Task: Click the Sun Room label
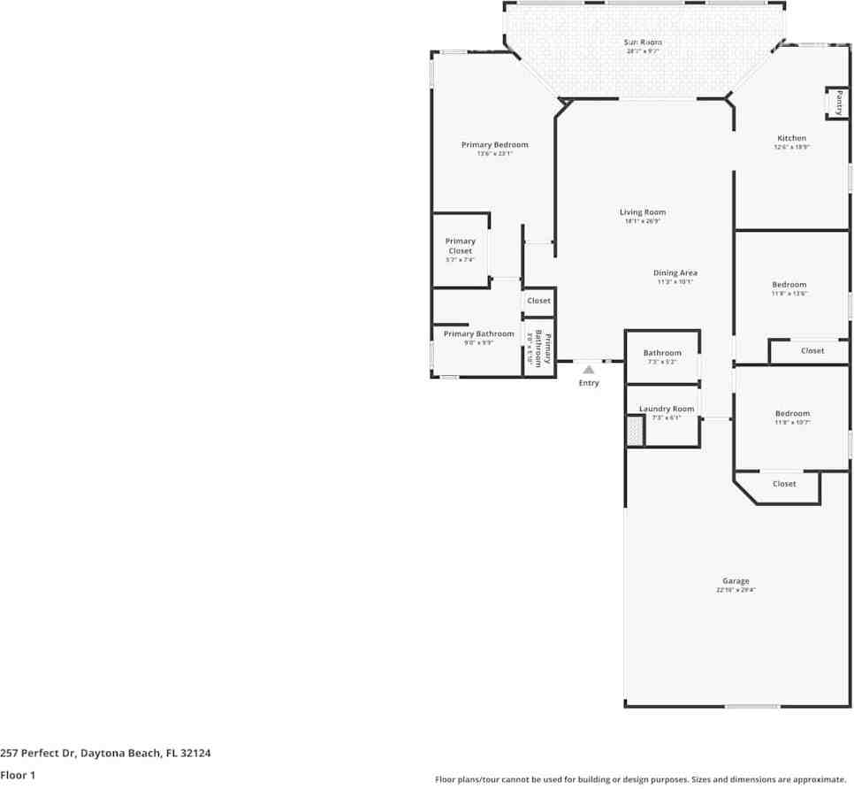pos(644,42)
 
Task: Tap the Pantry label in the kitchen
pos(838,103)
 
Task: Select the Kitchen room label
pos(791,138)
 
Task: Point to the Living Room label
pos(642,212)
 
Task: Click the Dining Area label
pos(675,273)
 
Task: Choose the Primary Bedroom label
pos(494,145)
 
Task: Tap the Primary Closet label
pos(460,246)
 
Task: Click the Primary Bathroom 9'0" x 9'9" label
pos(478,334)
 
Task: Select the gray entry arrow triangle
pos(589,370)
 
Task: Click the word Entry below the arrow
pos(589,383)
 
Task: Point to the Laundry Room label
pos(667,410)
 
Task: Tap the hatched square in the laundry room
pos(634,431)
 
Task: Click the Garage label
pos(736,581)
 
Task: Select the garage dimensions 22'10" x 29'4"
pos(736,590)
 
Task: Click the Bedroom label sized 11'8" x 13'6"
pos(789,285)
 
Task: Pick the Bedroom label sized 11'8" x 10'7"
pos(792,414)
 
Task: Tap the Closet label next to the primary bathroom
pos(538,302)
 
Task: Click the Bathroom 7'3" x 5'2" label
pos(662,353)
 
